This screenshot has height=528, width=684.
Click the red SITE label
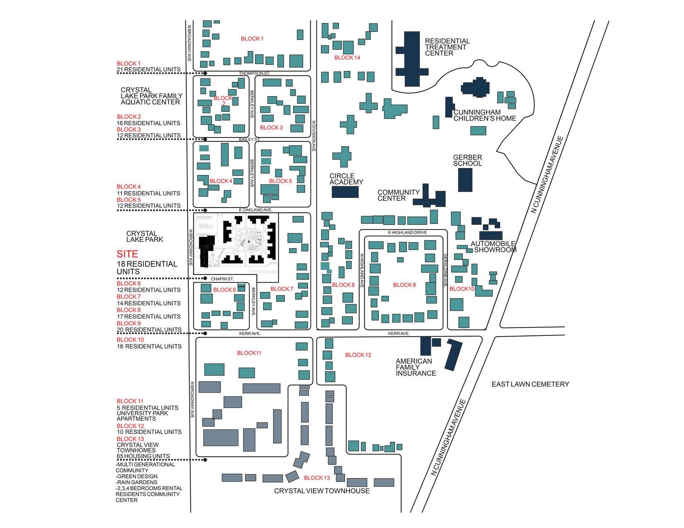coord(127,254)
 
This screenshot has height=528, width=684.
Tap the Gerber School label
coord(467,160)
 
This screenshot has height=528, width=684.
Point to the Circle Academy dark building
coord(345,192)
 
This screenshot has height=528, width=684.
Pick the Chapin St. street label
coord(223,279)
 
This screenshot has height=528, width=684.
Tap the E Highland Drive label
coord(407,233)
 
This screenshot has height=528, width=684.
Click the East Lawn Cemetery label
coord(530,384)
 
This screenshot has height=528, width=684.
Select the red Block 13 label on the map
coord(317,478)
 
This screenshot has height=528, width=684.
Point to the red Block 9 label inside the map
coord(404,285)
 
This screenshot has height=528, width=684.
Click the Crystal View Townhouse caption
coord(322,491)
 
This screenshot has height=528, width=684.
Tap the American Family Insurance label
coord(416,367)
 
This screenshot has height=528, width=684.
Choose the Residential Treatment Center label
coord(447,47)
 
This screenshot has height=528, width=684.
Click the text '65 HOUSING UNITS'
coord(143,456)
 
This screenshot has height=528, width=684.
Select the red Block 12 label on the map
coord(358,355)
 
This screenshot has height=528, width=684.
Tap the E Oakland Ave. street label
coord(255,210)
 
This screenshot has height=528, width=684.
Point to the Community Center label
coord(398,195)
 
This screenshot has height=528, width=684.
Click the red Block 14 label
coord(347,58)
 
